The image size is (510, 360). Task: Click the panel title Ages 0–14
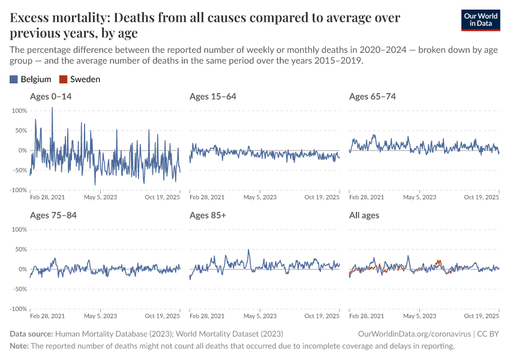point(50,97)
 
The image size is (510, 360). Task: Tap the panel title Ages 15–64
point(212,97)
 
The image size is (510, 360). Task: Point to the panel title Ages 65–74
point(372,97)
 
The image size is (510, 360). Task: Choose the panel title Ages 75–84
point(53,215)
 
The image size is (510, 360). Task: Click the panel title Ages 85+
point(207,215)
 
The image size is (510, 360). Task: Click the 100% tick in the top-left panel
point(20,111)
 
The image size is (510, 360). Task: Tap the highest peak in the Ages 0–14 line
point(52,108)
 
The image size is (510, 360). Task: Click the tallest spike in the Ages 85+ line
point(249,250)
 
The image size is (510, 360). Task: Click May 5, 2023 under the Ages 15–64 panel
point(260,197)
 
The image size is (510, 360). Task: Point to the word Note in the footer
point(19,346)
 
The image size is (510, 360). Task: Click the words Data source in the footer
point(31,334)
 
